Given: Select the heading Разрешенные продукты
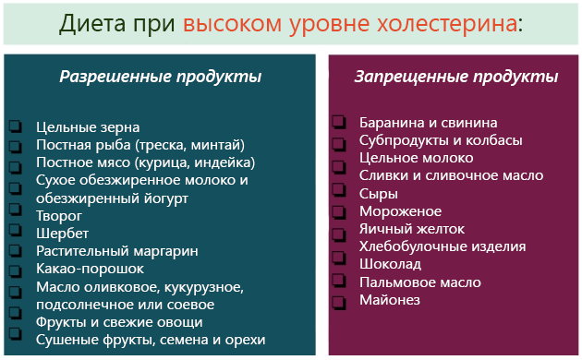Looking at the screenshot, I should pyautogui.click(x=161, y=77).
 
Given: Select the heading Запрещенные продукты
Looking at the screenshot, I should pyautogui.click(x=456, y=77).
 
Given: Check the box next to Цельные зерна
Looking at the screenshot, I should pyautogui.click(x=15, y=127).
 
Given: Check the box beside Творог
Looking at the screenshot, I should pyautogui.click(x=15, y=215).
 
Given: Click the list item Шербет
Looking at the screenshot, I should pyautogui.click(x=62, y=233).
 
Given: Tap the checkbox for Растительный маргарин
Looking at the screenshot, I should pyautogui.click(x=15, y=251).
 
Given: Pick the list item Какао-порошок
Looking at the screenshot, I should pyautogui.click(x=90, y=269).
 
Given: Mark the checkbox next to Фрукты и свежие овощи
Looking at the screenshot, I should pyautogui.click(x=15, y=322).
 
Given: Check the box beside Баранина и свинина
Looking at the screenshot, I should pyautogui.click(x=339, y=123).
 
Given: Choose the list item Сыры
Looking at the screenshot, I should pyautogui.click(x=379, y=194).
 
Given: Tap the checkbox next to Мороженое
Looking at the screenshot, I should pyautogui.click(x=339, y=211).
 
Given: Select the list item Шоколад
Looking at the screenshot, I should pyautogui.click(x=390, y=265).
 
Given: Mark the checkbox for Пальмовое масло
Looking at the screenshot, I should pyautogui.click(x=339, y=282).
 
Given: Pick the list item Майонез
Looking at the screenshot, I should pyautogui.click(x=390, y=300).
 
